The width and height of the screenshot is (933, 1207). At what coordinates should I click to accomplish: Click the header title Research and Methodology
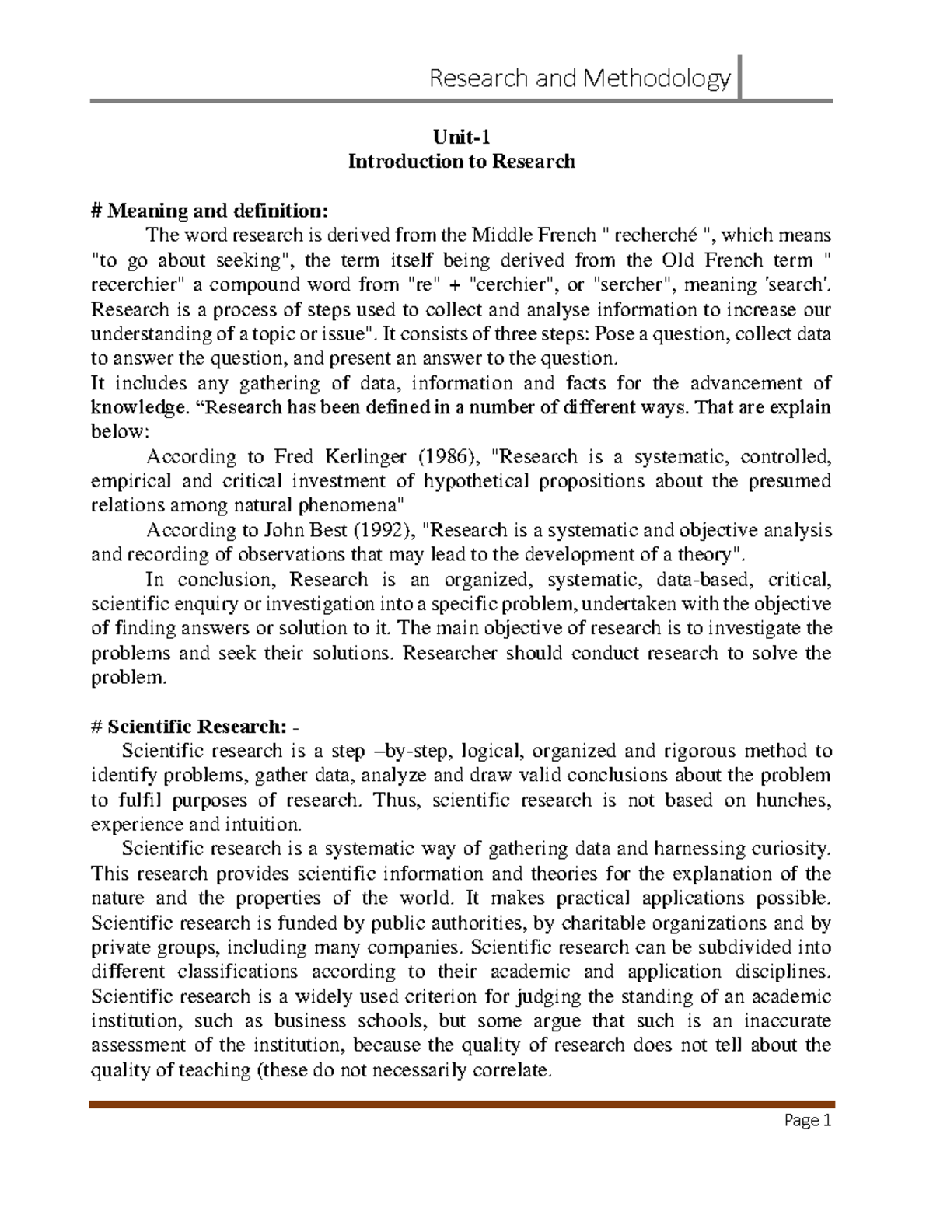[580, 78]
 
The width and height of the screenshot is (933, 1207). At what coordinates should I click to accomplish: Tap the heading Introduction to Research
[461, 162]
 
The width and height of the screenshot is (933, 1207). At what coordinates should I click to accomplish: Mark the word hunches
[793, 800]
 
